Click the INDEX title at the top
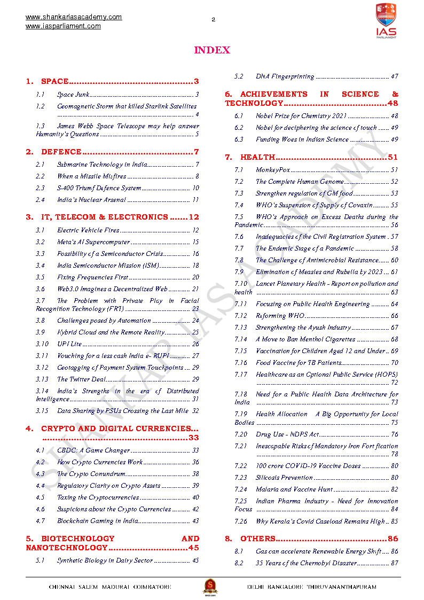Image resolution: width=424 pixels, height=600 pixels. pyautogui.click(x=211, y=50)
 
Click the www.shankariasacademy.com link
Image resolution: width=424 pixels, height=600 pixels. pyautogui.click(x=74, y=17)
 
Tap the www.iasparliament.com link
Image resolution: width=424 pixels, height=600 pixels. pyautogui.click(x=63, y=26)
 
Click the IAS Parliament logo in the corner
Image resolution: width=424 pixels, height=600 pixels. pyautogui.click(x=386, y=20)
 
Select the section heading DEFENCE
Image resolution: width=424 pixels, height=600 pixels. pyautogui.click(x=61, y=152)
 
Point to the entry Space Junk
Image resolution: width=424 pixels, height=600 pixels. pyautogui.click(x=73, y=95)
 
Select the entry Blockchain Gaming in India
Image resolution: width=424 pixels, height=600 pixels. pyautogui.click(x=98, y=521)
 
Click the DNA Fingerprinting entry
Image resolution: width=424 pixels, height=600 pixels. pyautogui.click(x=285, y=76)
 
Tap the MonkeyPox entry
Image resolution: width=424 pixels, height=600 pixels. pyautogui.click(x=272, y=170)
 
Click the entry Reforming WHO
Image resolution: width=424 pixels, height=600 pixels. pyautogui.click(x=278, y=316)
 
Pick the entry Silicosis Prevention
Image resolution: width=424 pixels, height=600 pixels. pyautogui.click(x=284, y=478)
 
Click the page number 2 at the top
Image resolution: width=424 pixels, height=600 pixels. pyautogui.click(x=213, y=20)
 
